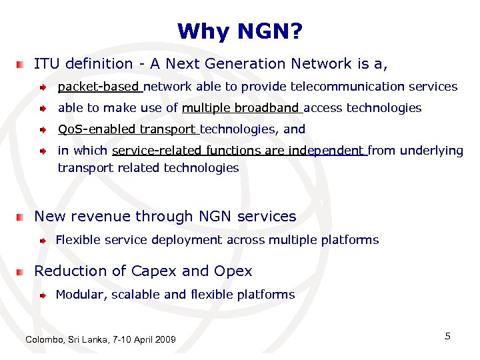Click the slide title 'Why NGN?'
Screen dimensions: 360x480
[240, 31]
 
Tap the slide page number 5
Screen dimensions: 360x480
[448, 336]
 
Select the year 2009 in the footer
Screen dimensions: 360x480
[165, 340]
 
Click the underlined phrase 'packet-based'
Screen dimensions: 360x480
[99, 87]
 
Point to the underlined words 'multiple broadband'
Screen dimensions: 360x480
[241, 108]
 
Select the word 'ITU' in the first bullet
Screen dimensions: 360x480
[46, 64]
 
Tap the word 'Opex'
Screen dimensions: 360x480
[233, 271]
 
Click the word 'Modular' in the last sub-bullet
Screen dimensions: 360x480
[79, 294]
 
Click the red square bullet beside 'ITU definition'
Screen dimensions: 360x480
[22, 65]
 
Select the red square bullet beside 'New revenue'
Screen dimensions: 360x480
[22, 217]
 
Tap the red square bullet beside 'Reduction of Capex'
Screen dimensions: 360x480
[22, 272]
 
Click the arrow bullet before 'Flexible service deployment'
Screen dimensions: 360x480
[42, 240]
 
